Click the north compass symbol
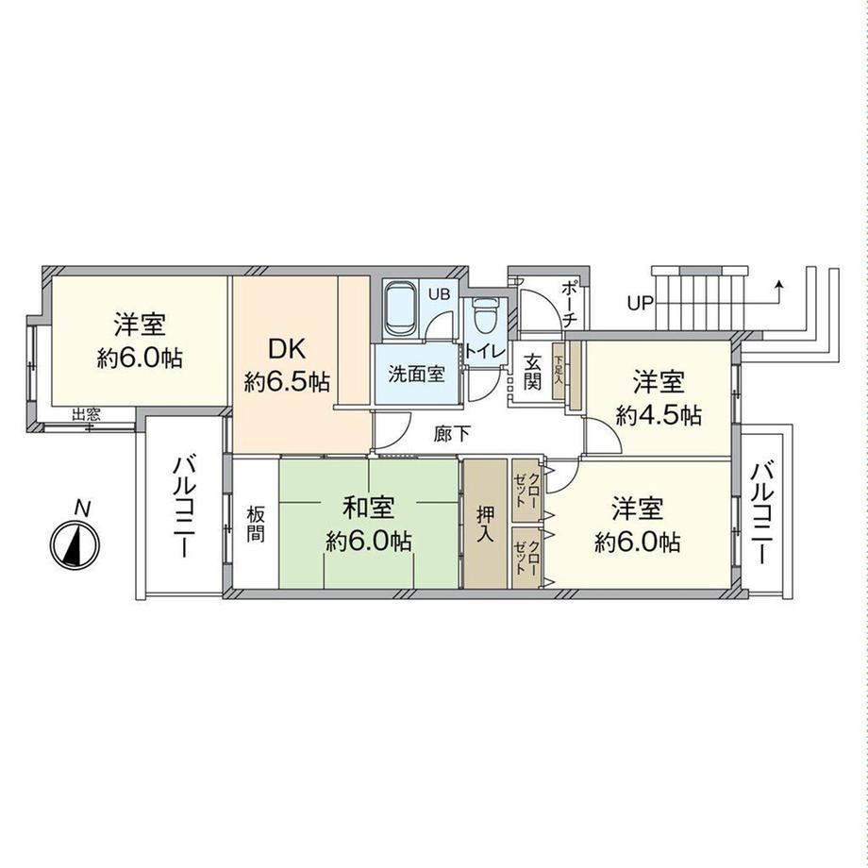coord(75,543)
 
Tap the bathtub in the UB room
coord(400,310)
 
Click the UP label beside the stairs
coord(640,303)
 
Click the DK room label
coord(287,349)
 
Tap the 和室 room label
coord(368,509)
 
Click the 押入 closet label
coord(486,524)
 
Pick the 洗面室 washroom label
coord(416,375)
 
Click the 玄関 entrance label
coord(532,373)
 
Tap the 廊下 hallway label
coord(452,435)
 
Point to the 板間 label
coord(256,524)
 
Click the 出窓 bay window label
coord(86,414)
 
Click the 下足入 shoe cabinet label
coord(558,370)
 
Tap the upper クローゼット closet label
coord(527,490)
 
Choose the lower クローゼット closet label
coord(527,558)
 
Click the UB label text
coord(441,294)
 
